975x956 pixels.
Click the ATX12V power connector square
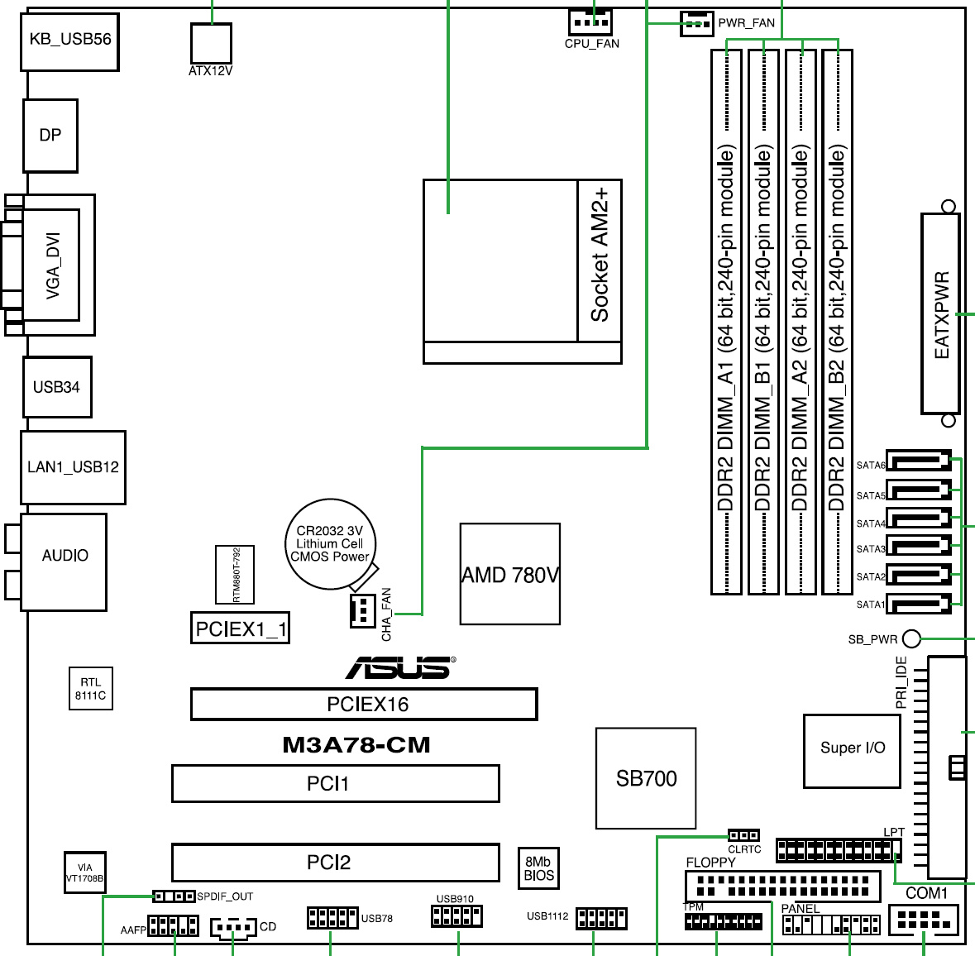click(210, 42)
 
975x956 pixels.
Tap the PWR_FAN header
click(696, 24)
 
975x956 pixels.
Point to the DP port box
click(50, 136)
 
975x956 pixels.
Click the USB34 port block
click(56, 387)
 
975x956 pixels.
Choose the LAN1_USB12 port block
click(73, 467)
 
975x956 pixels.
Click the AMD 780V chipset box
click(510, 574)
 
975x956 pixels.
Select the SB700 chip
click(646, 778)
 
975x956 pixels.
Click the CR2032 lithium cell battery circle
click(330, 544)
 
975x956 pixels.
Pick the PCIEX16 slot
click(364, 705)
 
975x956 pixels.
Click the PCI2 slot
click(335, 863)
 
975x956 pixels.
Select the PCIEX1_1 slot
click(240, 629)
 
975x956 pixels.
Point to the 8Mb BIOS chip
click(539, 868)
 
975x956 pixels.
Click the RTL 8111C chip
click(90, 689)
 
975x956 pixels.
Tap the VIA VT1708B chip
click(85, 872)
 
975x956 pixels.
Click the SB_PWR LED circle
click(911, 638)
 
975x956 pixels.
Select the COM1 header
click(923, 920)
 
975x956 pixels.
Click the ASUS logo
click(400, 667)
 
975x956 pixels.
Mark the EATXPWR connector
click(940, 314)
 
